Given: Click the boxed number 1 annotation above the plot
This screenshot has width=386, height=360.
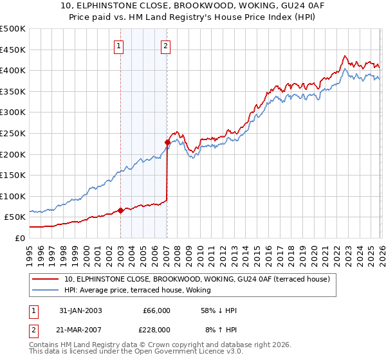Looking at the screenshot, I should pos(120,46).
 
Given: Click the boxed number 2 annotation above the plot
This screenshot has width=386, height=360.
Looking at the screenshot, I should pos(166,46).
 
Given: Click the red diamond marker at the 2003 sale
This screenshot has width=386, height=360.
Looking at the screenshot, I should pos(121,210).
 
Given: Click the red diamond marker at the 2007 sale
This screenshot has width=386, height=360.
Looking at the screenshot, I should pos(167,142).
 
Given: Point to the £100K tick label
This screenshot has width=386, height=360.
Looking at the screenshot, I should pos(13,196).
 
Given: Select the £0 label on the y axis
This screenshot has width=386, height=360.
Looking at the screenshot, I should pos(20,238).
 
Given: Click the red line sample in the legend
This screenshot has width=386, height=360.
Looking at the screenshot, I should pos(46,279).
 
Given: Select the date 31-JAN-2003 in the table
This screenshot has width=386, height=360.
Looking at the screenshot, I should pos(79,310).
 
